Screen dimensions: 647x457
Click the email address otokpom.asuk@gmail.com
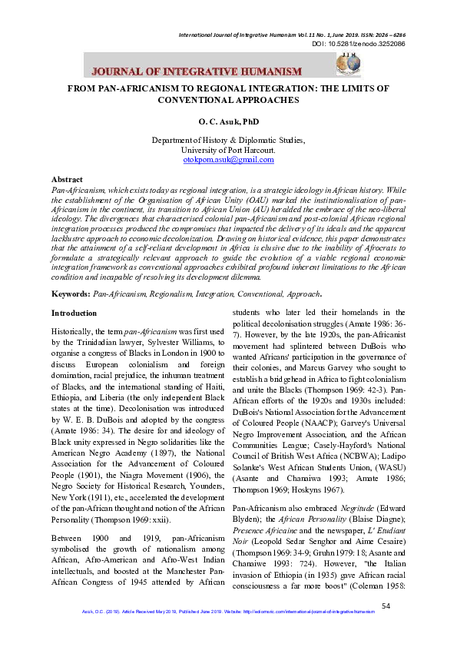[228, 159]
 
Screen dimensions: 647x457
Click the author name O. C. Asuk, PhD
[228, 121]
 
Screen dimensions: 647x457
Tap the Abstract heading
[67, 178]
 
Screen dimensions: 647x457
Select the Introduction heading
[74, 314]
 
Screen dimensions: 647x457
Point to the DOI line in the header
[358, 44]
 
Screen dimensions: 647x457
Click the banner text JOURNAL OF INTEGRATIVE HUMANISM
[196, 71]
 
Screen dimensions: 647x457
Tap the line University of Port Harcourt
[228, 150]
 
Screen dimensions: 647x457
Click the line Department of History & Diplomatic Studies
[228, 141]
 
